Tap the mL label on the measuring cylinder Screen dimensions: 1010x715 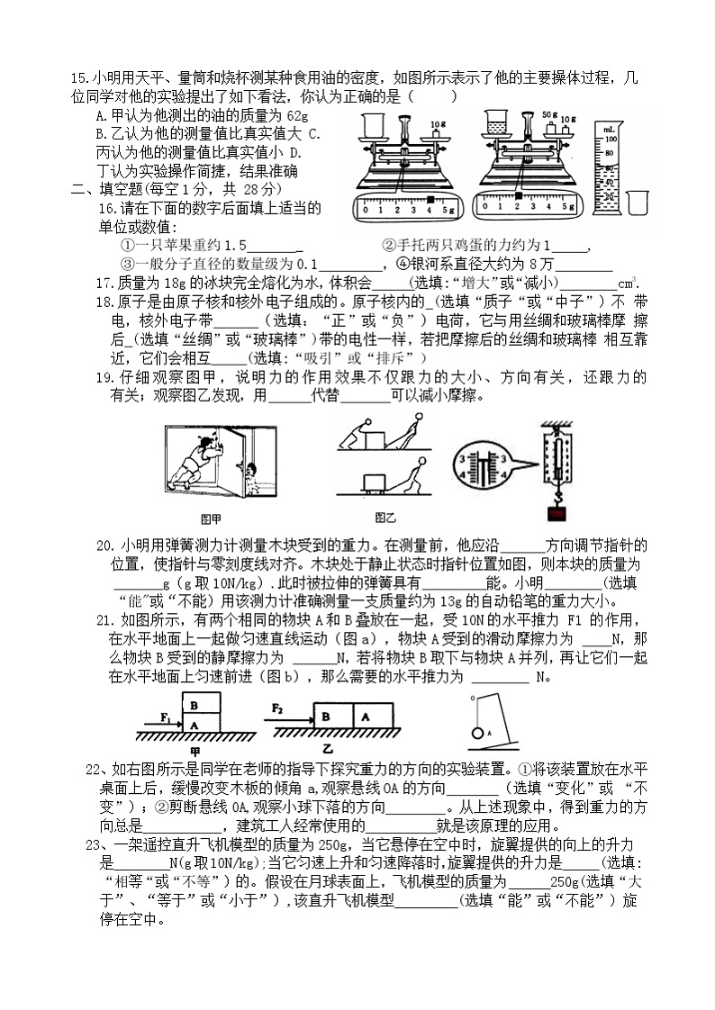(610, 131)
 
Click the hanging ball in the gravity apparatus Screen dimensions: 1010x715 (477, 733)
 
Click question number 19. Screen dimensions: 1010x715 (103, 378)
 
